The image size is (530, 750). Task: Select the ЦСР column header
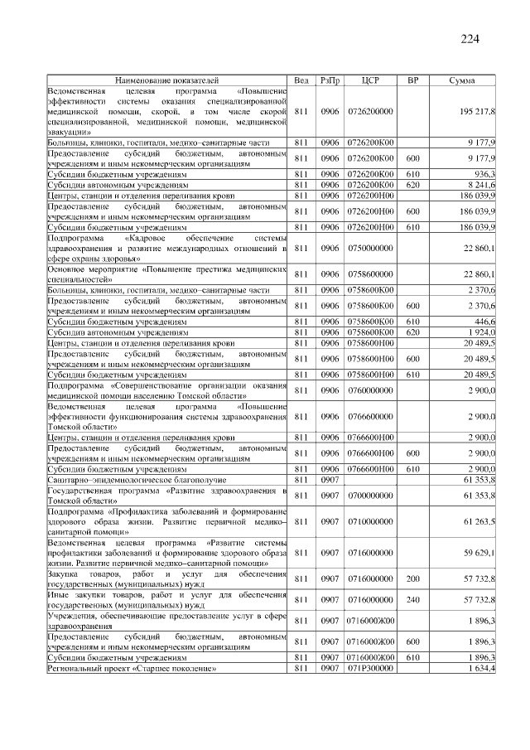pyautogui.click(x=371, y=80)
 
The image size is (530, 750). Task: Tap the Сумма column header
pyautogui.click(x=461, y=80)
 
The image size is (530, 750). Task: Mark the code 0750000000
pyautogui.click(x=371, y=249)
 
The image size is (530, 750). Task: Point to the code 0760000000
pyautogui.click(x=371, y=390)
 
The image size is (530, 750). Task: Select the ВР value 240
pyautogui.click(x=413, y=598)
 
